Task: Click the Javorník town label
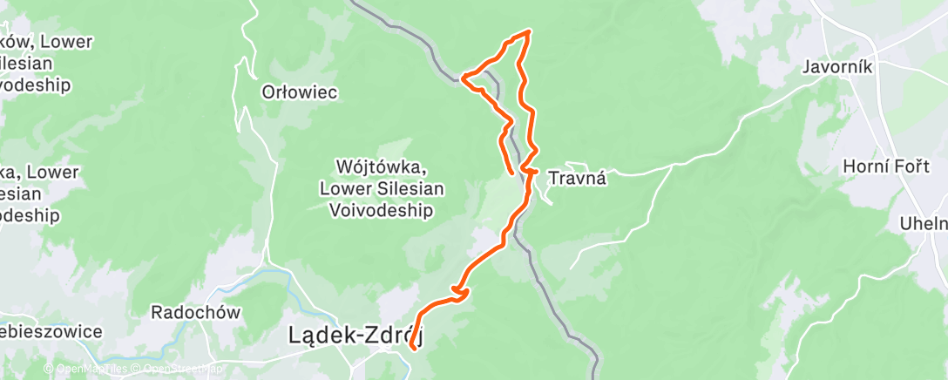(x=837, y=67)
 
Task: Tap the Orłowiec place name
(x=299, y=92)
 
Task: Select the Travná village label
(x=577, y=179)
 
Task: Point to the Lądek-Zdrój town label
(x=355, y=334)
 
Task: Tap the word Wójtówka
(x=381, y=166)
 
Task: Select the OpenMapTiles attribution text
(x=91, y=370)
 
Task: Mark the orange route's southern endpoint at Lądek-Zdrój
(x=410, y=349)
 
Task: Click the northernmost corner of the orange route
(x=528, y=32)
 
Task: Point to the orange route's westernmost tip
(x=462, y=79)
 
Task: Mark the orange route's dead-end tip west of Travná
(x=511, y=175)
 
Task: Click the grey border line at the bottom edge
(x=595, y=366)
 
